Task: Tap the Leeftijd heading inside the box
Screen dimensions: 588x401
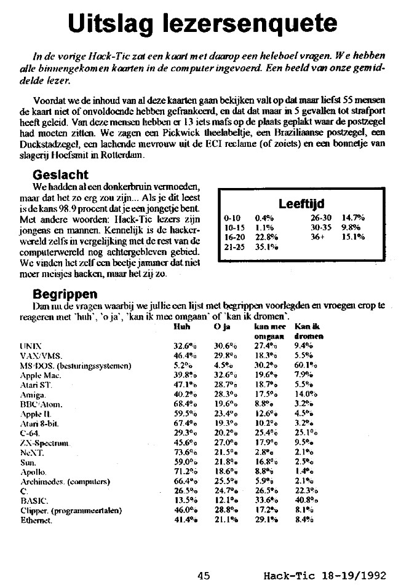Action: pos(301,203)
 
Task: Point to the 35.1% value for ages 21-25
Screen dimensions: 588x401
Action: pos(266,246)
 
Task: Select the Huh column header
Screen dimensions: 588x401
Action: pos(182,326)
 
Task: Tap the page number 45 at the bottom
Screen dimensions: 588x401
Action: pos(204,575)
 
